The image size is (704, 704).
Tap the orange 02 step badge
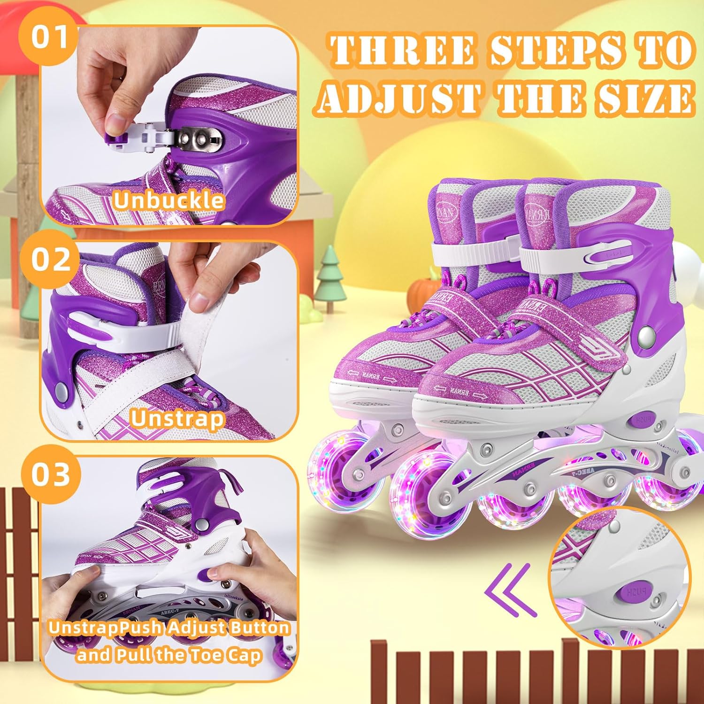pyautogui.click(x=51, y=260)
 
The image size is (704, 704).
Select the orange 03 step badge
pyautogui.click(x=51, y=474)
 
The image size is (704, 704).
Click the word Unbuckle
pyautogui.click(x=168, y=200)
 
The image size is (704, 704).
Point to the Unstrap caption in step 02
pyautogui.click(x=177, y=419)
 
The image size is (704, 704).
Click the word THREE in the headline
pyautogui.click(x=403, y=50)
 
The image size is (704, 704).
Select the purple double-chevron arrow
pyautogui.click(x=510, y=589)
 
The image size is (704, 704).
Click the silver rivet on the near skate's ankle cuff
pyautogui.click(x=646, y=336)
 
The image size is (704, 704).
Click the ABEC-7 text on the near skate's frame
pyautogui.click(x=581, y=473)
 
